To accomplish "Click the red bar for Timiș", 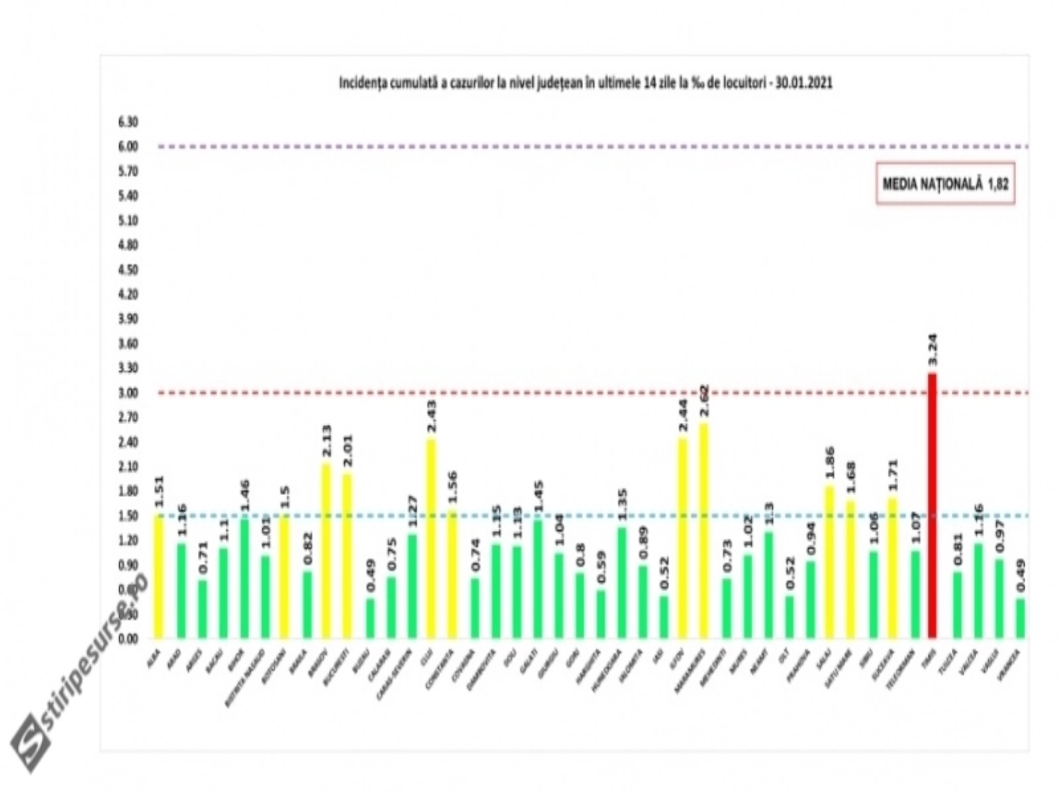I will [933, 506].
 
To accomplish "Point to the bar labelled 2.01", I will [347, 556].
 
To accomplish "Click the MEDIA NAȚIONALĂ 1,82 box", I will [945, 185].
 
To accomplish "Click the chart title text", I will [585, 84].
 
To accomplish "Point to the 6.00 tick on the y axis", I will [128, 146].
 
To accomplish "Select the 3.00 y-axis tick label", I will [128, 392].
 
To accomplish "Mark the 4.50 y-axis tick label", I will [128, 269].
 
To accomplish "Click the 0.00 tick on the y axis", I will [128, 639].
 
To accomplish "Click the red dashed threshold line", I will [529, 392].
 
